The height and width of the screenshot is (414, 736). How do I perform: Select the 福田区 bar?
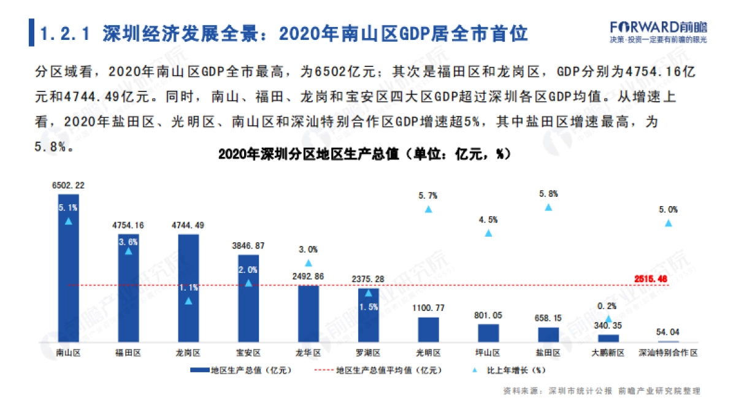pos(128,288)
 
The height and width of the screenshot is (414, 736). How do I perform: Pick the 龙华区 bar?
pos(309,313)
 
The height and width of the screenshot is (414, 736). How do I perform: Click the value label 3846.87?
pos(248,246)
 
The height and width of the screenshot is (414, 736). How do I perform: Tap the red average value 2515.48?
pos(651,279)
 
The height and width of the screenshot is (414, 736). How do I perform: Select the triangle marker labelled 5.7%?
pos(429,209)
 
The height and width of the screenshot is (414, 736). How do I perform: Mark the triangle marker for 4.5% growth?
pos(489,233)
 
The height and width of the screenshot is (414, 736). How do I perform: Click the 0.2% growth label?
pos(607,306)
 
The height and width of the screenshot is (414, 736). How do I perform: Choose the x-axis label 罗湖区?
pos(368,353)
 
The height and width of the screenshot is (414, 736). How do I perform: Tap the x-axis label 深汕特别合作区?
pos(668,353)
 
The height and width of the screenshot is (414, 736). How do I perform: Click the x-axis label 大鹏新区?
pos(608,353)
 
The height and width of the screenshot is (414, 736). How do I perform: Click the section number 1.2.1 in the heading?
pos(65,33)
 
